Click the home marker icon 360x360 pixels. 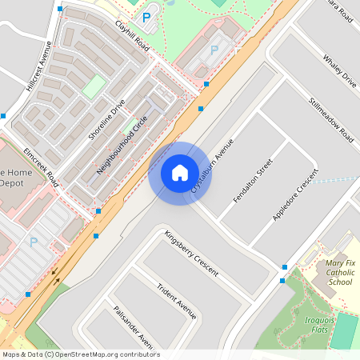tap(179, 173)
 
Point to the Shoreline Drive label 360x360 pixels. tap(106, 120)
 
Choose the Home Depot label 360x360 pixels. tap(14, 178)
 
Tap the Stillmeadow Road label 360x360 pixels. tap(331, 120)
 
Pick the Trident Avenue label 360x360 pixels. tap(176, 301)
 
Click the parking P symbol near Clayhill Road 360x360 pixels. tap(146, 17)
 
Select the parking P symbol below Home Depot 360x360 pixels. tap(34, 242)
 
